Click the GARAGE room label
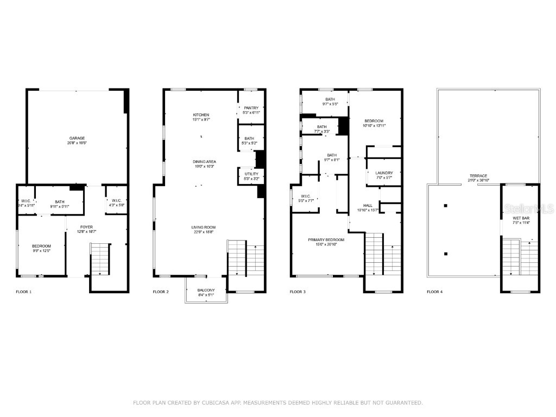click(77, 138)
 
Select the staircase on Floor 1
click(100, 260)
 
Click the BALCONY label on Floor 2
click(205, 289)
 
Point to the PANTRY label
click(251, 108)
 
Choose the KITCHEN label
click(201, 115)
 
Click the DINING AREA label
click(205, 161)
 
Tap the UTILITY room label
click(251, 174)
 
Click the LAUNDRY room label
click(384, 173)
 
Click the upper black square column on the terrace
click(446, 205)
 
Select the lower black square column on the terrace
click(446, 254)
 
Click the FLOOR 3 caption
click(298, 292)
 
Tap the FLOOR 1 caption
click(24, 292)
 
